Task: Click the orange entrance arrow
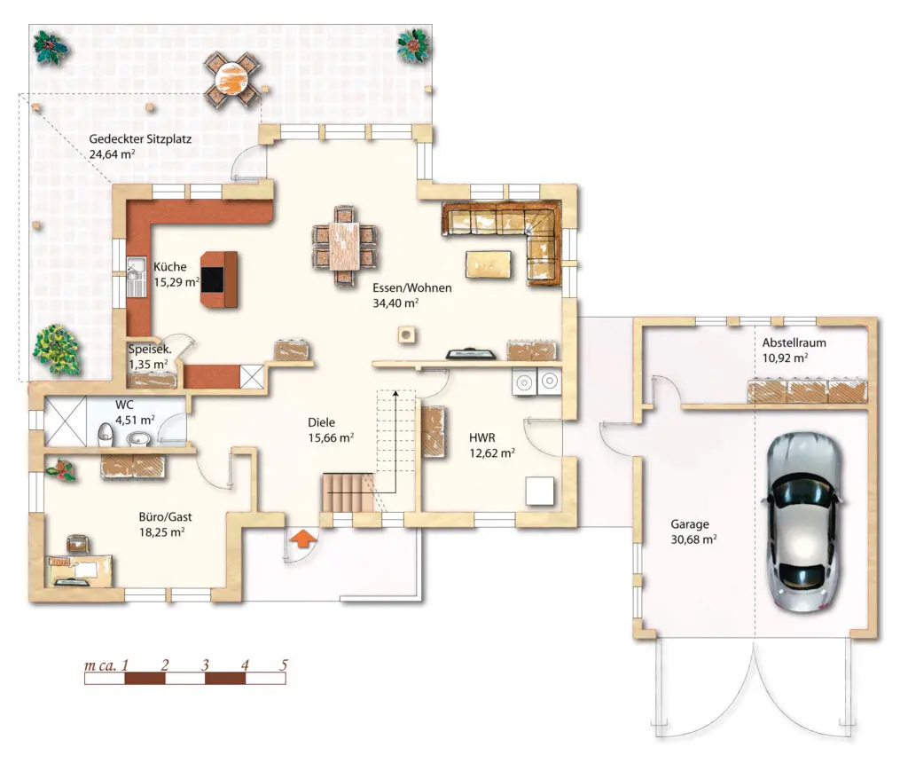[303, 539]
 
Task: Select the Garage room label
[690, 524]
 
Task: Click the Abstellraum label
[794, 342]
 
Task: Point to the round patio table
[231, 78]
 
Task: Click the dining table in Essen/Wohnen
[344, 246]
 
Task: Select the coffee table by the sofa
[489, 264]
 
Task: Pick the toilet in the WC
[106, 436]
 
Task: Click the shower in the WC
[65, 421]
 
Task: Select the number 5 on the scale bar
[283, 665]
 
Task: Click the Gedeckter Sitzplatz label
[140, 139]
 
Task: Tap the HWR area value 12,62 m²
[492, 453]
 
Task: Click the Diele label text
[321, 422]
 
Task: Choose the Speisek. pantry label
[150, 350]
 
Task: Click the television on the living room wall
[470, 353]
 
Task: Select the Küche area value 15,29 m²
[176, 282]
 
